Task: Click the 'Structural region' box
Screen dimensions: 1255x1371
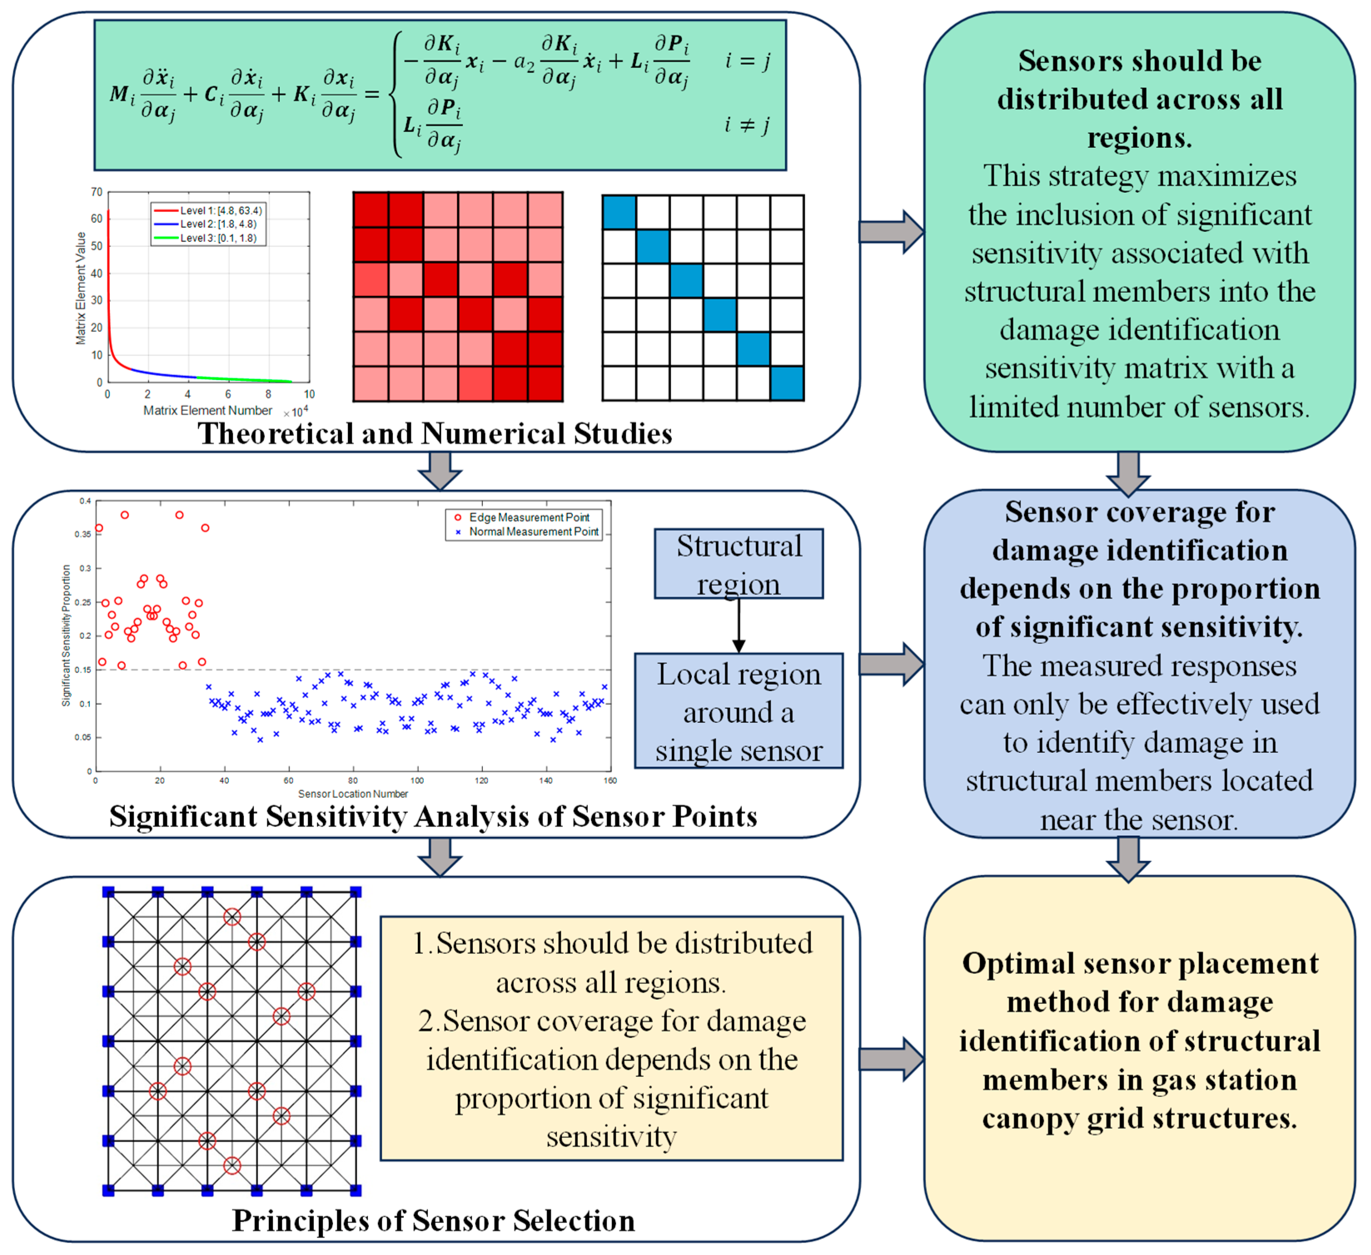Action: [738, 564]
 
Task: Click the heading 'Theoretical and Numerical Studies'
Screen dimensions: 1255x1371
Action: [435, 433]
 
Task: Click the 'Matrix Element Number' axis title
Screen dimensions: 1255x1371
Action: [207, 410]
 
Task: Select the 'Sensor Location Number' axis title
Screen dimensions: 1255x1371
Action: [353, 794]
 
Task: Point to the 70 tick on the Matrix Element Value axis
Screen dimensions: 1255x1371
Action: [97, 192]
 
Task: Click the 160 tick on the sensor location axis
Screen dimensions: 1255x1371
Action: [610, 781]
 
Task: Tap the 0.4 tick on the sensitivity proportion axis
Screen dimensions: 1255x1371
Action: [85, 501]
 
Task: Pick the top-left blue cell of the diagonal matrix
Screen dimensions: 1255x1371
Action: [619, 212]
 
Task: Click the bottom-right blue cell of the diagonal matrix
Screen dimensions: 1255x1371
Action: [787, 383]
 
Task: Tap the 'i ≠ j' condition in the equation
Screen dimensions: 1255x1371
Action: [747, 125]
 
